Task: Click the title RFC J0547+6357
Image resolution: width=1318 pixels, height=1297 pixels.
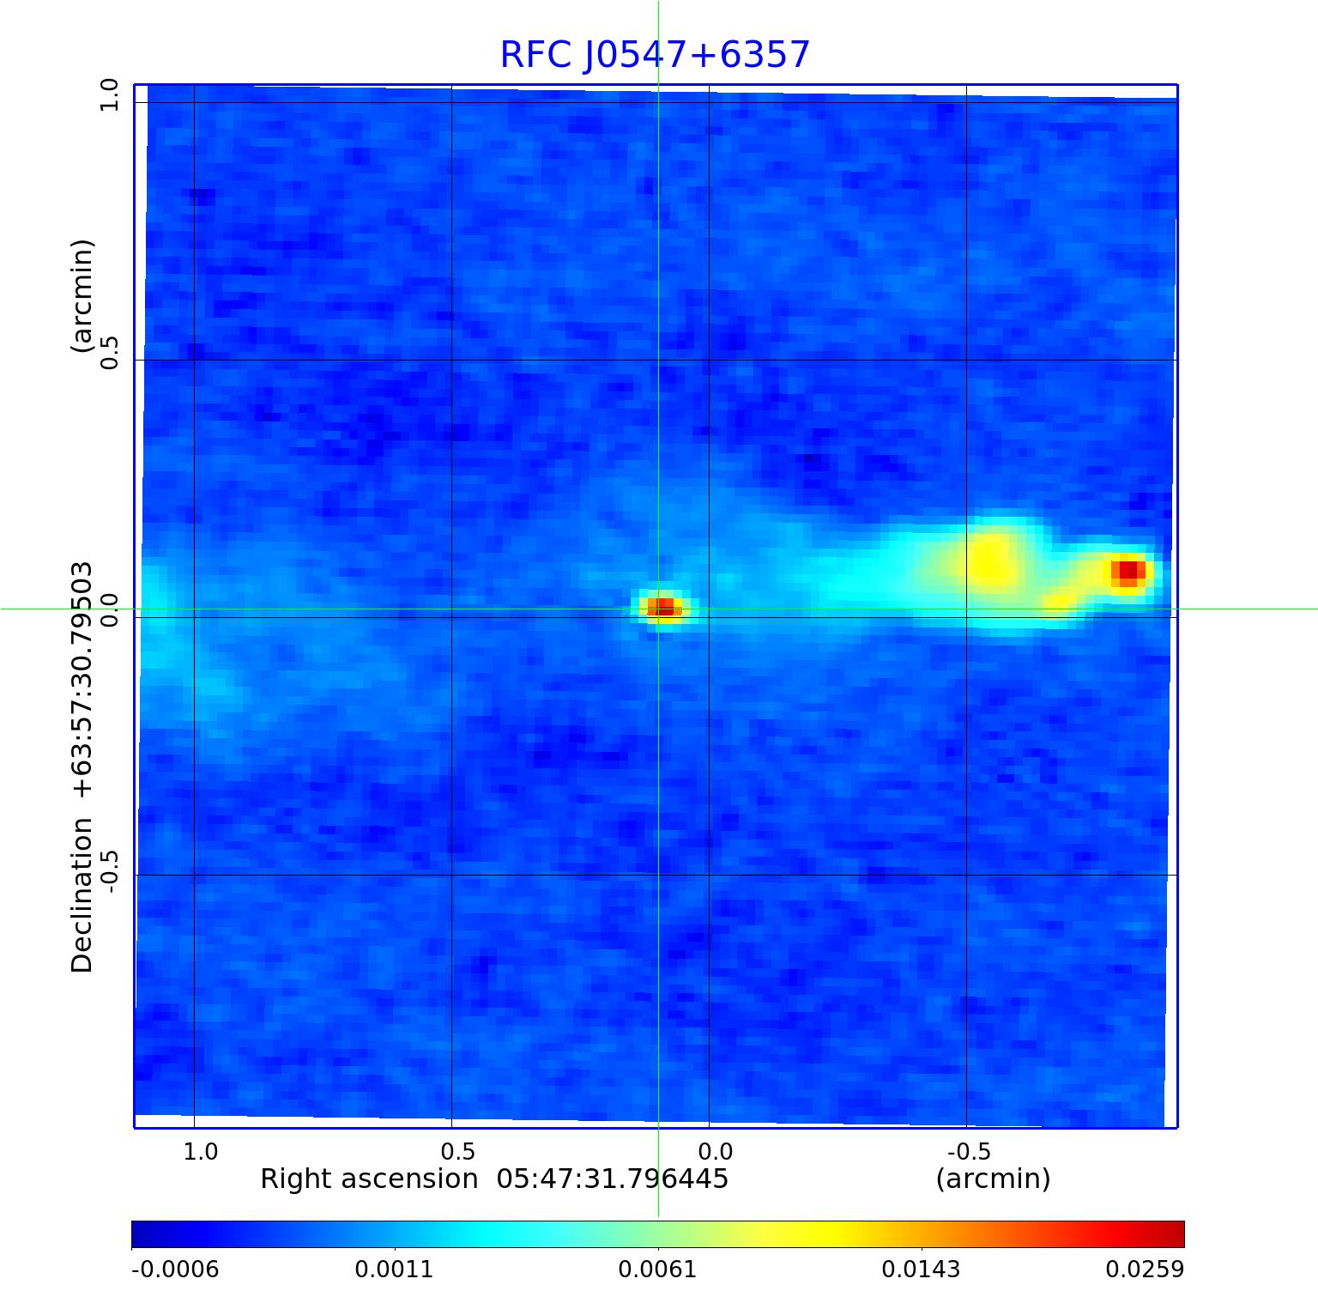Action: tap(655, 55)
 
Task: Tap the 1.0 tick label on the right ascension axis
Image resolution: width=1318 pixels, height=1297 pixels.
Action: tap(201, 1151)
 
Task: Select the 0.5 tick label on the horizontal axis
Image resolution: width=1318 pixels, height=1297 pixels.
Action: tap(457, 1151)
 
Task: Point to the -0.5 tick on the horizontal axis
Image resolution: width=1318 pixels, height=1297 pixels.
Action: tap(969, 1151)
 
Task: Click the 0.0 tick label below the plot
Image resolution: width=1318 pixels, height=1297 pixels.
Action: tap(715, 1151)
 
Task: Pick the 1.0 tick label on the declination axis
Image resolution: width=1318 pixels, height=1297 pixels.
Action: tap(109, 94)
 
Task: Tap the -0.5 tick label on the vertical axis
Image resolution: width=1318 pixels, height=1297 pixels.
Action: tap(109, 872)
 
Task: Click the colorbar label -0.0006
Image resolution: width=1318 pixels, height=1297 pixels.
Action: tap(175, 1270)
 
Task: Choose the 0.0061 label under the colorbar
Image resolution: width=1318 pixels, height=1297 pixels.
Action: tap(657, 1270)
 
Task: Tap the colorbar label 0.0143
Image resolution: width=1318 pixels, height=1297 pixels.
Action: tap(921, 1270)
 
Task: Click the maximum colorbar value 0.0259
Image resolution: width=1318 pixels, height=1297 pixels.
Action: tap(1144, 1270)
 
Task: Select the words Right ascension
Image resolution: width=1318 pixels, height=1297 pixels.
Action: tap(369, 1179)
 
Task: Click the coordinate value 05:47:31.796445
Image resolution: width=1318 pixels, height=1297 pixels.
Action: tap(613, 1179)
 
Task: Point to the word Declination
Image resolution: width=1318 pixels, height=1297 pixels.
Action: tap(82, 894)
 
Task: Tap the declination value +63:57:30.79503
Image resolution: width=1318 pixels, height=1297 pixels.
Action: tap(82, 680)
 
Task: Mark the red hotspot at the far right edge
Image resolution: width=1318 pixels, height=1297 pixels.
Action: tap(1128, 571)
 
